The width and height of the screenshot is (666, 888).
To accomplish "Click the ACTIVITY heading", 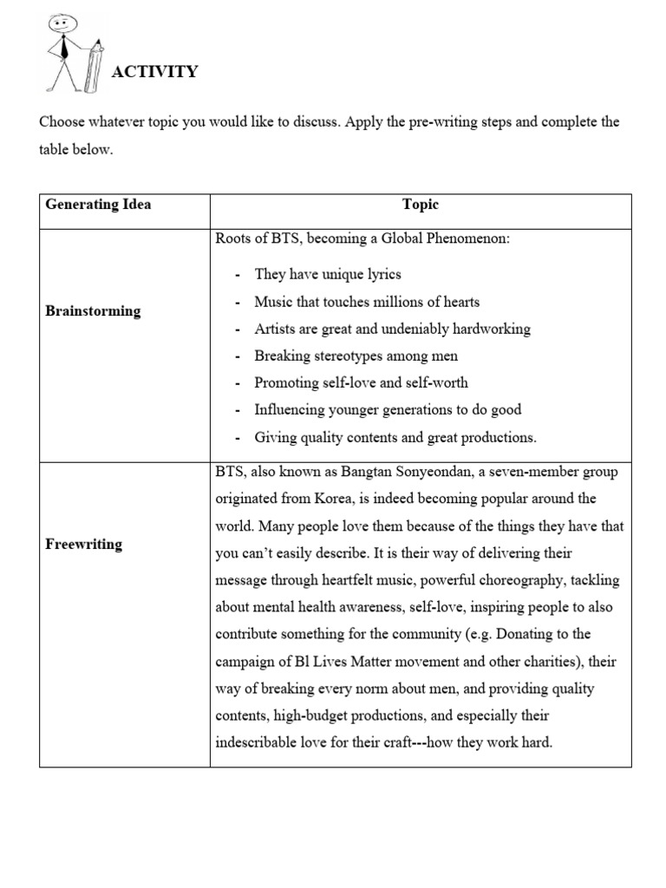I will point(154,72).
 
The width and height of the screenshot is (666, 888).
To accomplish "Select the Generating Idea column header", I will point(98,205).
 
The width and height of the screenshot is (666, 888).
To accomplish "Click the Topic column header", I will point(421,205).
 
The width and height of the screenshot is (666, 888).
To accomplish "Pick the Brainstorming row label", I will point(93,311).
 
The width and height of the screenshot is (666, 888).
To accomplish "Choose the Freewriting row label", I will point(83,545).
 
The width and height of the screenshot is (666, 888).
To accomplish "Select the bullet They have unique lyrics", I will point(328,274).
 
